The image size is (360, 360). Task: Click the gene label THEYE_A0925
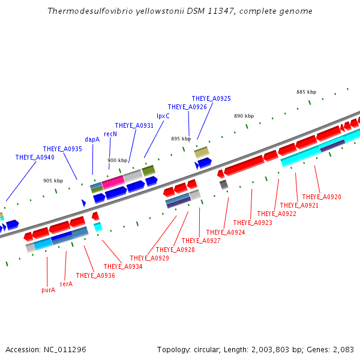pyautogui.click(x=211, y=98)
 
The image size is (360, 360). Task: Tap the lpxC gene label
pyautogui.click(x=163, y=116)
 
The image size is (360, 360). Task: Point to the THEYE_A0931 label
pyautogui.click(x=134, y=125)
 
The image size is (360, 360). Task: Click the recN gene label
pyautogui.click(x=110, y=134)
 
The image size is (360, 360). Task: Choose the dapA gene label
pyautogui.click(x=92, y=139)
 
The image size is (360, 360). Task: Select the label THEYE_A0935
pyautogui.click(x=62, y=149)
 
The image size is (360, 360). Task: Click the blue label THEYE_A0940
pyautogui.click(x=35, y=157)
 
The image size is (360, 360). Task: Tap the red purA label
pyautogui.click(x=48, y=290)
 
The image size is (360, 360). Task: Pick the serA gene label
pyautogui.click(x=66, y=284)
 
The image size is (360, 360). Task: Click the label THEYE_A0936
pyautogui.click(x=95, y=275)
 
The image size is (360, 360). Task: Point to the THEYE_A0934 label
pyautogui.click(x=123, y=266)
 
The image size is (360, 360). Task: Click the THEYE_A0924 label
pyautogui.click(x=226, y=232)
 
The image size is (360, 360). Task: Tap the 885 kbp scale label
pyautogui.click(x=306, y=92)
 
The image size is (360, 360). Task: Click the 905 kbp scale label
pyautogui.click(x=53, y=181)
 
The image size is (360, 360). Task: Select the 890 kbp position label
pyautogui.click(x=244, y=116)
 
